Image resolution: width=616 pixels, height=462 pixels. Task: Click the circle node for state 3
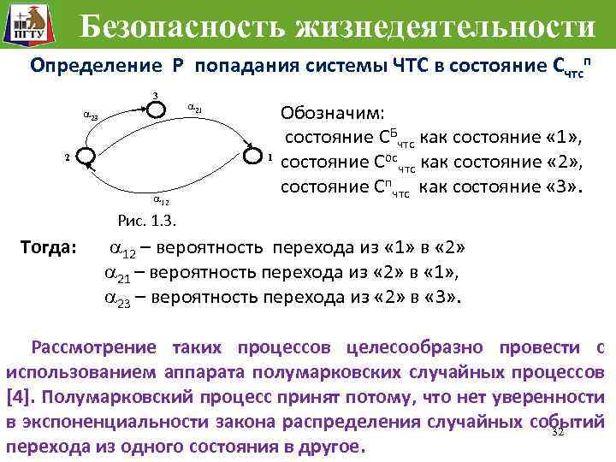tap(155, 108)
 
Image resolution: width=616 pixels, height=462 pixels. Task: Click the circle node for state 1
tap(255, 157)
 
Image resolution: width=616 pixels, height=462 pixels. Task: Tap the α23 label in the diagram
tap(91, 115)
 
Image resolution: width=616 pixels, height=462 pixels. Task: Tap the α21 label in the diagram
tap(194, 109)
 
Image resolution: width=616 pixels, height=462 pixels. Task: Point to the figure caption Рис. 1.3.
tap(145, 222)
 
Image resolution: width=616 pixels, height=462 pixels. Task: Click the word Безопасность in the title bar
tap(186, 27)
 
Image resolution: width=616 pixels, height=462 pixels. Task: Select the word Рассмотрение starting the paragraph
tap(93, 347)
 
